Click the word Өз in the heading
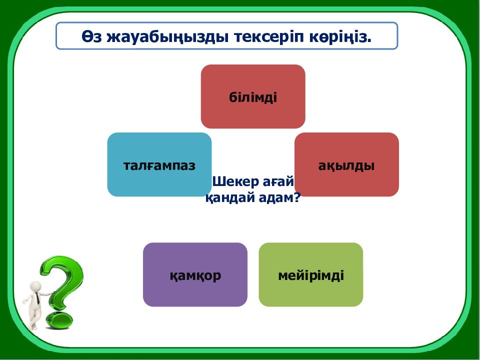click(x=91, y=36)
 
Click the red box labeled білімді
click(x=253, y=96)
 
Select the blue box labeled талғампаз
click(x=159, y=164)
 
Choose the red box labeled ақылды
click(x=346, y=164)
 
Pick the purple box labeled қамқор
click(x=195, y=274)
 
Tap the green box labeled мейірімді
click(x=310, y=274)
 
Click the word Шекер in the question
click(x=235, y=182)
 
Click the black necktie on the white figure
click(x=37, y=298)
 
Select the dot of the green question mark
click(x=59, y=320)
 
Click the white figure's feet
click(x=33, y=326)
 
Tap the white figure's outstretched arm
click(x=46, y=294)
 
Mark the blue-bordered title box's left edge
click(x=56, y=35)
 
